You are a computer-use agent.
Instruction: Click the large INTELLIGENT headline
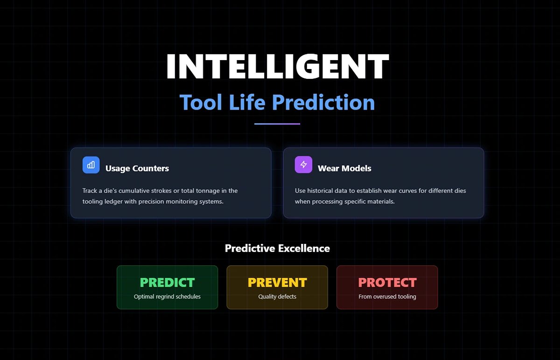click(277, 66)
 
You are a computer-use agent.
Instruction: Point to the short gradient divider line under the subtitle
click(277, 124)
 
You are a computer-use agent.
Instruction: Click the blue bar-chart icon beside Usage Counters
click(91, 165)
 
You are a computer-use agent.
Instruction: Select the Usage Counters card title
click(137, 168)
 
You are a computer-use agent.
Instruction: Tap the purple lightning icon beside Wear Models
click(303, 165)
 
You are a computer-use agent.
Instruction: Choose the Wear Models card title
click(344, 168)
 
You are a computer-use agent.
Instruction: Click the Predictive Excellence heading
click(277, 248)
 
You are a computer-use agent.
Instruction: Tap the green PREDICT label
click(167, 283)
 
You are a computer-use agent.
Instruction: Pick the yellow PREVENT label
click(277, 283)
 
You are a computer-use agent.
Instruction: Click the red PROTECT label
click(387, 283)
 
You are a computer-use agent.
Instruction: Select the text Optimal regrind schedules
click(167, 297)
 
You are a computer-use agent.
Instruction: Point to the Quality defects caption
click(277, 297)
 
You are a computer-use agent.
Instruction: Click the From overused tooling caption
click(387, 297)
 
